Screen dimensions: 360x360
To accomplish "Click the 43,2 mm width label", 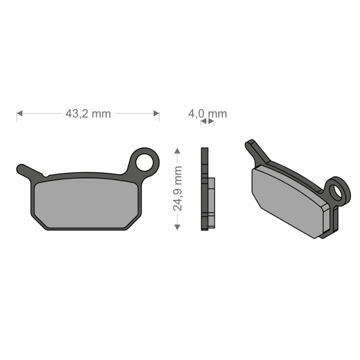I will [88, 114].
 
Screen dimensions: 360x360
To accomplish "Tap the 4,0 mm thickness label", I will [207, 114].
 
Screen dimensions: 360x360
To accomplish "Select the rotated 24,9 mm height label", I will [178, 188].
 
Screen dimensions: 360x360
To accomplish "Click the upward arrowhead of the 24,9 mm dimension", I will [178, 151].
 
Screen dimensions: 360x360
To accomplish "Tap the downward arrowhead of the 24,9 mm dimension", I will [178, 226].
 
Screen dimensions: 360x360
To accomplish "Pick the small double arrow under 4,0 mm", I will [207, 121].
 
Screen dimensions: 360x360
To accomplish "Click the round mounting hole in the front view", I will [144, 162].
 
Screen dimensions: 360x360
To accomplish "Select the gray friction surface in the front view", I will [85, 202].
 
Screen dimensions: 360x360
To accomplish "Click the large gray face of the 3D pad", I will [288, 200].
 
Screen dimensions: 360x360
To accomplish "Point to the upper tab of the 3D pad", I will [256, 151].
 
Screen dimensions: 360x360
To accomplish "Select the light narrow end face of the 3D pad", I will [326, 221].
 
